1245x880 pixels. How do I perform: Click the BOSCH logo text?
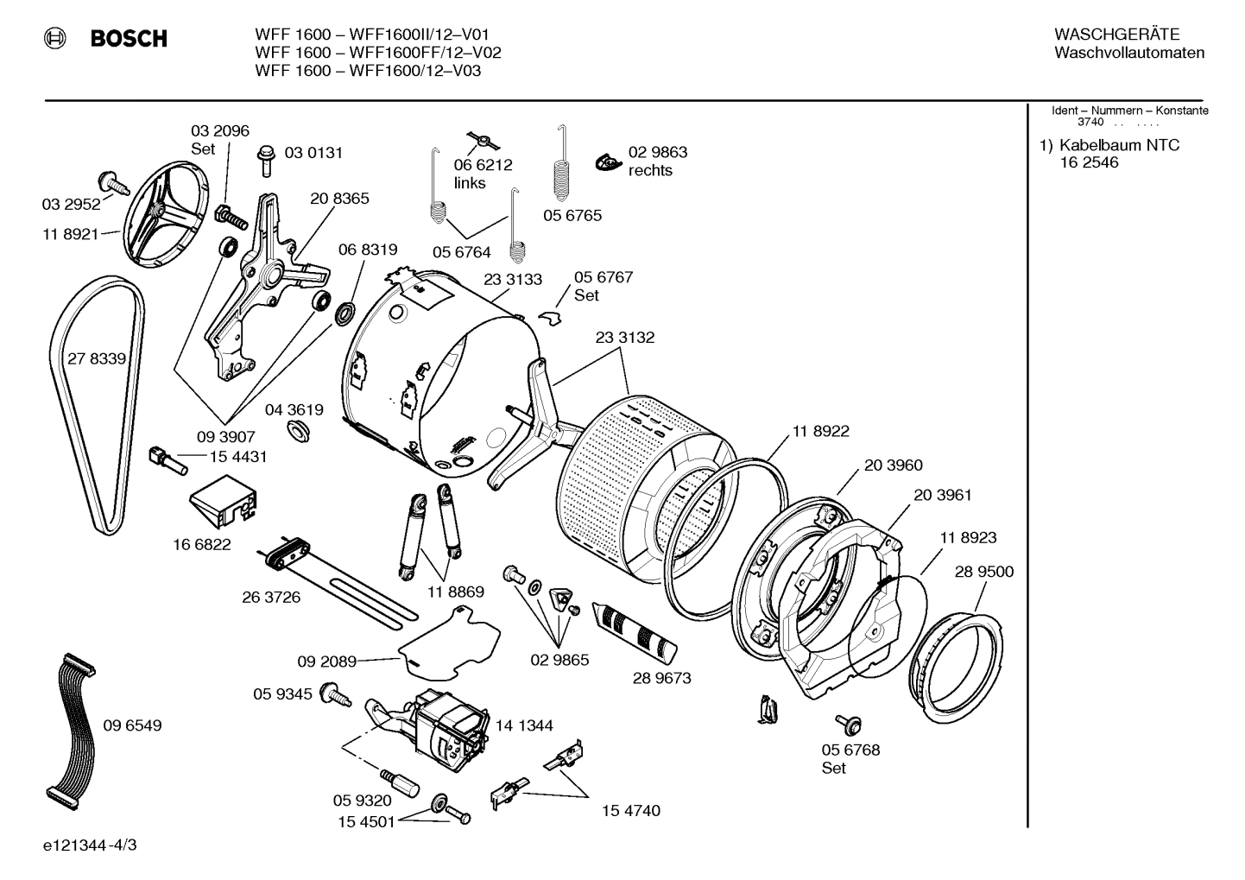pos(128,39)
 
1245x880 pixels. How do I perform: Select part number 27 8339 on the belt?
pos(97,358)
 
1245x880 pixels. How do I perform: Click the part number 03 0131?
pos(313,153)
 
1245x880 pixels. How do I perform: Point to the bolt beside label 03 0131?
pos(266,161)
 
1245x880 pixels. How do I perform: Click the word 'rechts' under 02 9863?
pos(650,170)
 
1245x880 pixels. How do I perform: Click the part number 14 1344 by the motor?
pos(525,725)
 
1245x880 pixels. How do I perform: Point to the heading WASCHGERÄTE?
pos(1116,35)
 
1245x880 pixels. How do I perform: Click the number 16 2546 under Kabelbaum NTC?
pos(1089,162)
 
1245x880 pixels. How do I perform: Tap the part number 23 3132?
pos(624,338)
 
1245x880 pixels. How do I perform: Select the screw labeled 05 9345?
pos(335,693)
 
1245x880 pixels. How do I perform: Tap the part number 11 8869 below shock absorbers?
pos(455,592)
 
